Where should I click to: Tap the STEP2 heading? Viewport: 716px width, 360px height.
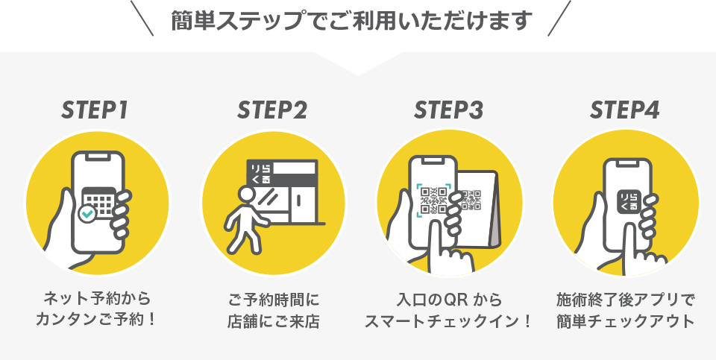coord(272,110)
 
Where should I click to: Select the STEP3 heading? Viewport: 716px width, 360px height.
coord(449,110)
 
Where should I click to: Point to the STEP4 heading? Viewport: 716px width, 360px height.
coord(625,110)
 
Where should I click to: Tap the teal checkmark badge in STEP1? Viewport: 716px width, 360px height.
coord(87,215)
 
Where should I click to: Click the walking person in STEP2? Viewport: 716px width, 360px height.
coord(242,216)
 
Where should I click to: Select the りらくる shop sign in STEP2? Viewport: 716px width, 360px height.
coord(261,173)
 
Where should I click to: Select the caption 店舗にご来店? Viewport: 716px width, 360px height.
coord(272,322)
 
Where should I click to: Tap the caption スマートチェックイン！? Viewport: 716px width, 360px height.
coord(449,322)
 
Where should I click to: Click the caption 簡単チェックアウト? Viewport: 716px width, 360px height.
coord(625,322)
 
